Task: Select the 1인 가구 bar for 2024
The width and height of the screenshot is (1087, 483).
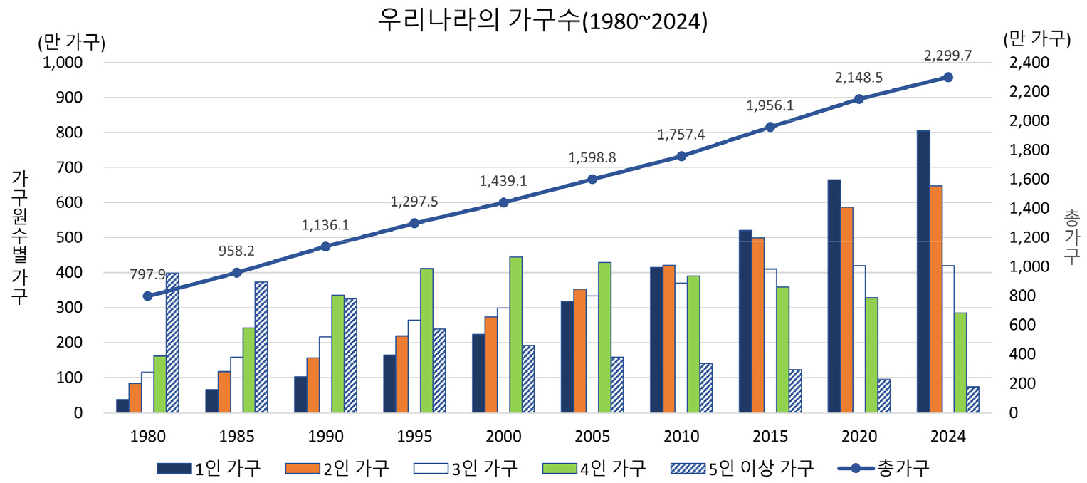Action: click(923, 271)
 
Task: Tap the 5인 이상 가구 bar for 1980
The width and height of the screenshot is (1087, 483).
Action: click(172, 343)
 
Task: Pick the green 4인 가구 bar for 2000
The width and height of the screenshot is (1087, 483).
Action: click(515, 335)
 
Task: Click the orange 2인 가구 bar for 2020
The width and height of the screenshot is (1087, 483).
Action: click(846, 310)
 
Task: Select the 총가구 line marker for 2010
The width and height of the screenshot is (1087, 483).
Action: click(681, 156)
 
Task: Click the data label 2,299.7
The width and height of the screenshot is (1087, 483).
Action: click(947, 56)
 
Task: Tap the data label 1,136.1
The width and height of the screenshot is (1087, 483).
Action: click(325, 225)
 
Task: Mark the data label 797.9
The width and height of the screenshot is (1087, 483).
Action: click(147, 274)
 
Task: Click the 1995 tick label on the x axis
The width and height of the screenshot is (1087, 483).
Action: click(414, 436)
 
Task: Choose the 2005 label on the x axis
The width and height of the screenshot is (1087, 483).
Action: click(592, 436)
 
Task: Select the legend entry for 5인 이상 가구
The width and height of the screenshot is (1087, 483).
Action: click(742, 468)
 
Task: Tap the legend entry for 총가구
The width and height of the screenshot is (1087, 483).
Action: click(883, 468)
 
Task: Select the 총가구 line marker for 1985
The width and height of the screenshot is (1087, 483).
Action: click(237, 273)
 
